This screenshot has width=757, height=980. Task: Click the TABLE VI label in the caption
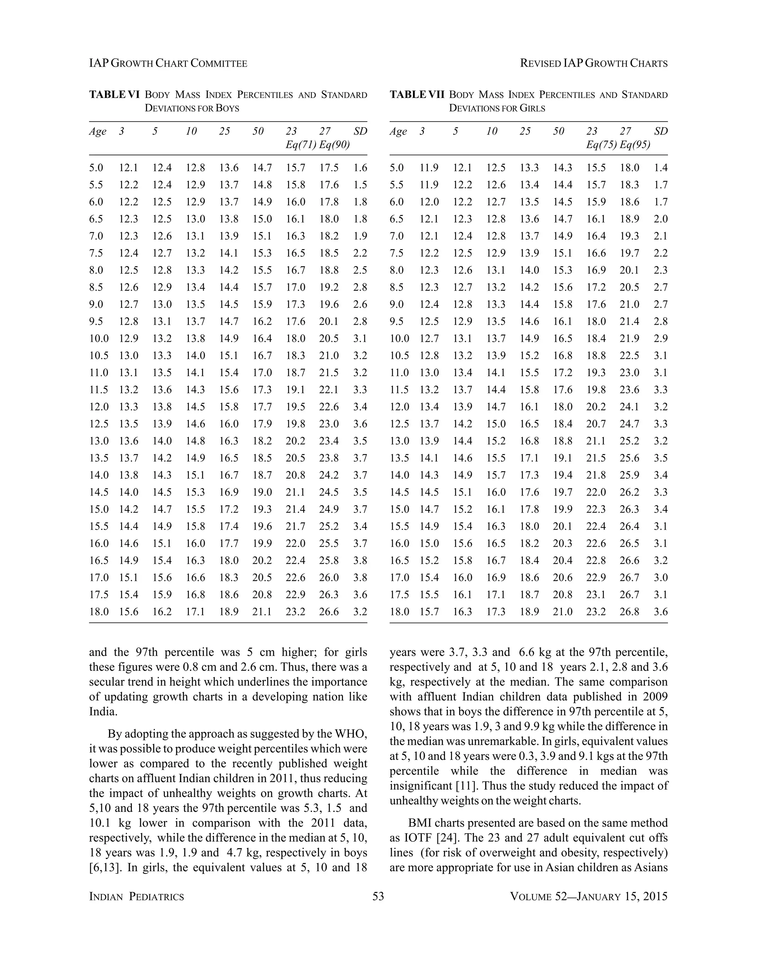114,95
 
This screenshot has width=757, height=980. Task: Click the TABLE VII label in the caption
417,95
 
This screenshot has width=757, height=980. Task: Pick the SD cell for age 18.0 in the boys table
360,612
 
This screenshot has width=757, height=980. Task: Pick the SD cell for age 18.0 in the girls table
661,612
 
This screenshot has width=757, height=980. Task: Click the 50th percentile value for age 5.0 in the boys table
262,168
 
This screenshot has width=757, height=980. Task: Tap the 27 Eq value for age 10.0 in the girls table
629,338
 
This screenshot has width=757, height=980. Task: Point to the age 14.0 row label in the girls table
399,475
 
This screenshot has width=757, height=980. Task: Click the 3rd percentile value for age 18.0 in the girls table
429,612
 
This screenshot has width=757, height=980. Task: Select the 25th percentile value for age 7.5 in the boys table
229,253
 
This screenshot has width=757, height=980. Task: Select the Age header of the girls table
398,132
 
